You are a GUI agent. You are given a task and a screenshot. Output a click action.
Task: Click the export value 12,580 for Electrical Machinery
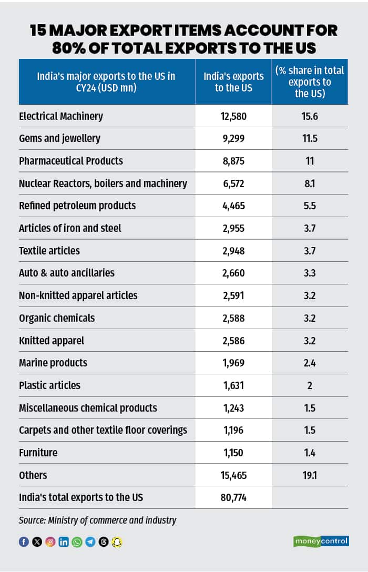[x=233, y=116]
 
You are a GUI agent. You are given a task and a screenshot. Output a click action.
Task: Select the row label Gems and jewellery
[x=59, y=139]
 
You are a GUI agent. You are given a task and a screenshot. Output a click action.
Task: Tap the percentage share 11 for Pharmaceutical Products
[x=310, y=161]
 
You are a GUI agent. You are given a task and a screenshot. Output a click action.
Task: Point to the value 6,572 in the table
[x=233, y=183]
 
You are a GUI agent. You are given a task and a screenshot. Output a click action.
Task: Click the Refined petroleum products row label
[x=77, y=206]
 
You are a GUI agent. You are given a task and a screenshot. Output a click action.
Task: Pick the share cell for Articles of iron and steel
[x=310, y=228]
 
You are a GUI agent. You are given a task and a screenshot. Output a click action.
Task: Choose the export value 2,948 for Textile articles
[x=233, y=251]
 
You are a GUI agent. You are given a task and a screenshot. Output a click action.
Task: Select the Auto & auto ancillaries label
[x=67, y=273]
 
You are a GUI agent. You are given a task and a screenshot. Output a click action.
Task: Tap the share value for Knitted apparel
[x=310, y=340]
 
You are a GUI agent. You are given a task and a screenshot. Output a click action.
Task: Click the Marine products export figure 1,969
[x=233, y=363]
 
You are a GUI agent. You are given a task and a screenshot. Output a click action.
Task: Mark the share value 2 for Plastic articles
[x=310, y=385]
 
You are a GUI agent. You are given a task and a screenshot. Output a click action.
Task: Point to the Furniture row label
[x=38, y=453]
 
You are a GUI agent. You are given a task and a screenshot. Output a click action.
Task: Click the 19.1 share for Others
[x=310, y=475]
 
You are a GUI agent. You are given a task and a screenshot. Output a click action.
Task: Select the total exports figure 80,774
[x=233, y=497]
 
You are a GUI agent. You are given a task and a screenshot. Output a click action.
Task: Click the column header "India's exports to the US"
[x=233, y=81]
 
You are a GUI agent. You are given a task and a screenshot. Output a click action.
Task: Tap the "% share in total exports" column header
[x=310, y=81]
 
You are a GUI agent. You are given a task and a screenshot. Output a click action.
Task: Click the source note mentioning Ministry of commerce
[x=97, y=520]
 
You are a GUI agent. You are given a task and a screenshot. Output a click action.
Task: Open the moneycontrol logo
[x=321, y=541]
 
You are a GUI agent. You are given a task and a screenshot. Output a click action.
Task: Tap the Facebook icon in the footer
[x=24, y=542]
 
